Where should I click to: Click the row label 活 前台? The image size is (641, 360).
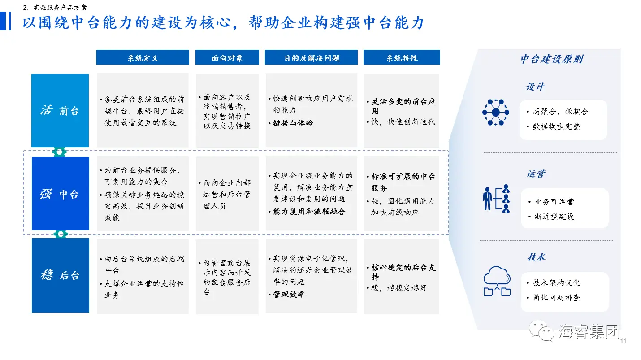pos(60,111)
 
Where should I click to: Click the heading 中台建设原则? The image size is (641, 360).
pos(552,59)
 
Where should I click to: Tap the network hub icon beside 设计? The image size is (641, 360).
pos(496,112)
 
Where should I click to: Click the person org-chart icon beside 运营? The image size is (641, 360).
pos(496,199)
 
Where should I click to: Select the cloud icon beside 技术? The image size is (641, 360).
pos(497,281)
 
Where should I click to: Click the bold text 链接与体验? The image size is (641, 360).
pos(293,123)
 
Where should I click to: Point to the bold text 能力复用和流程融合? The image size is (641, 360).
pos(309,212)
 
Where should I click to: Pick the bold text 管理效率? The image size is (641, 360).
pos(289,294)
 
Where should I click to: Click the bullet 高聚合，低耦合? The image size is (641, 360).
pos(560,111)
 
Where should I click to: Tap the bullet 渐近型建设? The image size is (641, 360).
pos(554,216)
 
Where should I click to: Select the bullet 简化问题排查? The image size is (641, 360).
pos(556,297)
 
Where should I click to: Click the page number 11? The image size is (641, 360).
pos(623,341)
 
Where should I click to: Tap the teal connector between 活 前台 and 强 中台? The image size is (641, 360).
pos(59,152)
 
